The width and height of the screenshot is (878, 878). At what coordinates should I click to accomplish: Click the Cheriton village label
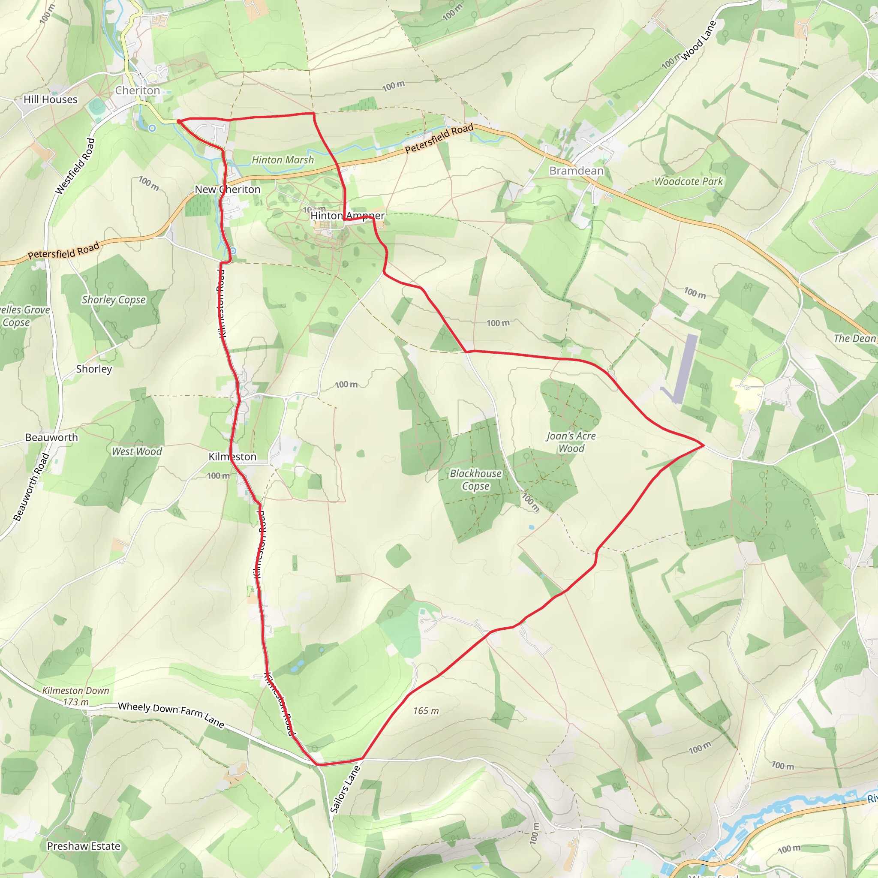tap(137, 90)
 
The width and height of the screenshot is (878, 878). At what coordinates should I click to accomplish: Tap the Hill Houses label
tap(51, 99)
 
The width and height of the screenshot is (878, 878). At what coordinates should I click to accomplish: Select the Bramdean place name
tap(576, 171)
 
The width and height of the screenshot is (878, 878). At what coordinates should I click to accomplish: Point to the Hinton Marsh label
tap(283, 160)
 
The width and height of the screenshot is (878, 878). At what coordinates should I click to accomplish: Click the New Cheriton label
tap(227, 189)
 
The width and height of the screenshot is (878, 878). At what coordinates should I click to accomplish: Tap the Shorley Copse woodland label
tap(114, 300)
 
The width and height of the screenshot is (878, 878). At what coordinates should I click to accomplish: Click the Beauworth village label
tap(51, 438)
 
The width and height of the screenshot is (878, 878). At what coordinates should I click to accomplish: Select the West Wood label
tap(137, 452)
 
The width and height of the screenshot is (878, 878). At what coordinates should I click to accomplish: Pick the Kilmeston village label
tap(232, 457)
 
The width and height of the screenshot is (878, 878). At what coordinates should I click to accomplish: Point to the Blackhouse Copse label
tap(476, 480)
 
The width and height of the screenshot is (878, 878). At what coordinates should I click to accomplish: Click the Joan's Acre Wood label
tap(571, 442)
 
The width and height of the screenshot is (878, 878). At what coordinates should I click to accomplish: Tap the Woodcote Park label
tap(689, 182)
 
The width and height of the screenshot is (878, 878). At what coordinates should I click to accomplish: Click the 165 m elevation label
tap(426, 711)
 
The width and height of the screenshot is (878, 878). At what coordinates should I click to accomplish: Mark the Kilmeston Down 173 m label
tap(76, 696)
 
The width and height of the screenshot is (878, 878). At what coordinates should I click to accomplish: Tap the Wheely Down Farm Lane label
tap(171, 714)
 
